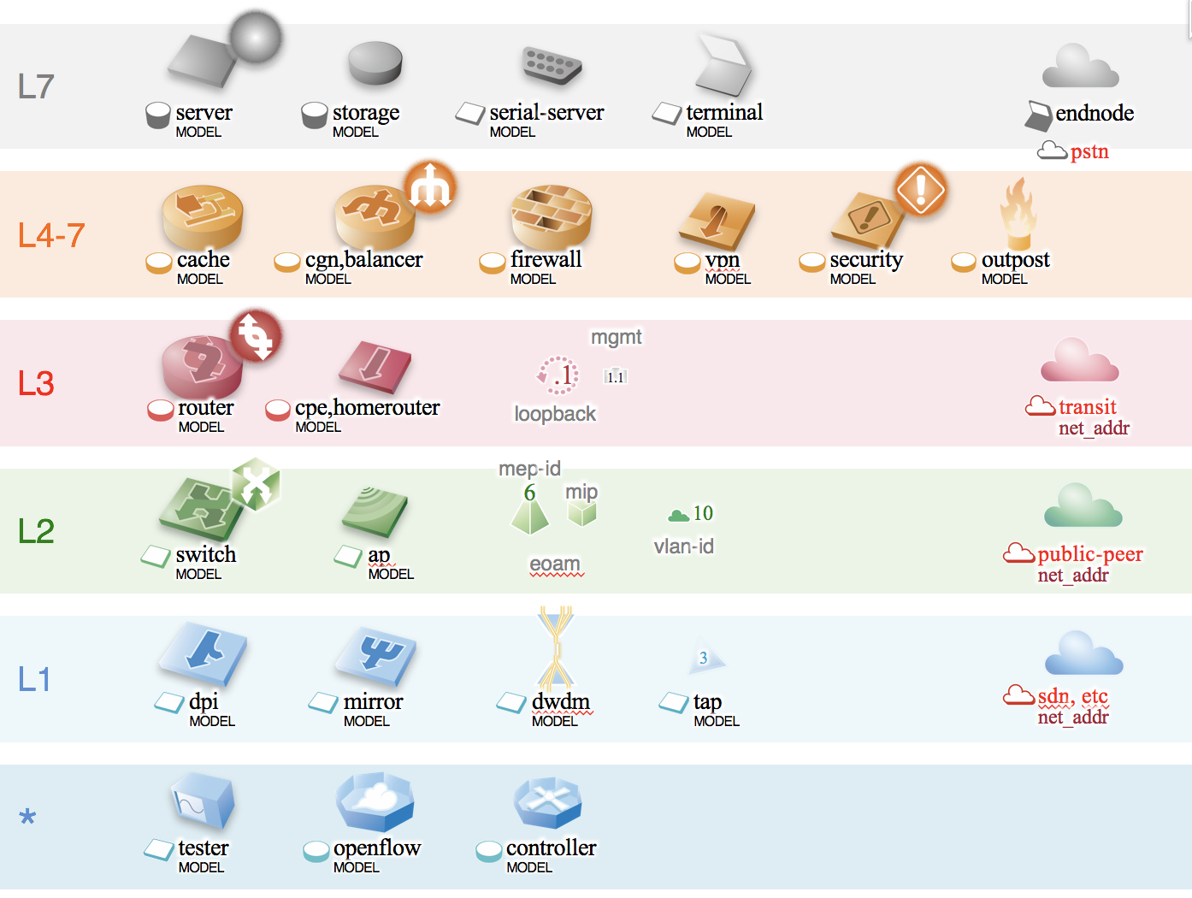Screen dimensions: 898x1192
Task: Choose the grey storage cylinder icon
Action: click(x=375, y=63)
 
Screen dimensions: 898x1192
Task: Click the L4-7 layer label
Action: click(x=51, y=235)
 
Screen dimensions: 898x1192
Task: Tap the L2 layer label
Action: click(x=36, y=531)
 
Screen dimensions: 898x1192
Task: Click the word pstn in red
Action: click(x=1089, y=152)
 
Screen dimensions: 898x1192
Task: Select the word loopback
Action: click(x=555, y=414)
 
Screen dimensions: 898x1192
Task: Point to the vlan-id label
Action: click(x=683, y=546)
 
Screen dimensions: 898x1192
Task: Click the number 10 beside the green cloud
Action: click(x=703, y=513)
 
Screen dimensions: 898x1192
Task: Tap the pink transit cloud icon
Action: click(x=1079, y=361)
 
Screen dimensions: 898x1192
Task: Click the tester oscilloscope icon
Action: click(x=202, y=801)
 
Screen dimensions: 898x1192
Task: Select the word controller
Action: click(x=551, y=848)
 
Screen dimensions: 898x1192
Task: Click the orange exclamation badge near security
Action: click(x=920, y=189)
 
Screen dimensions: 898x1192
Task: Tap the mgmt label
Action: click(x=616, y=337)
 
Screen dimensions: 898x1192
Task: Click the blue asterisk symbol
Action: click(x=27, y=818)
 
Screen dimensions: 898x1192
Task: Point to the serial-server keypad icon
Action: click(x=552, y=64)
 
